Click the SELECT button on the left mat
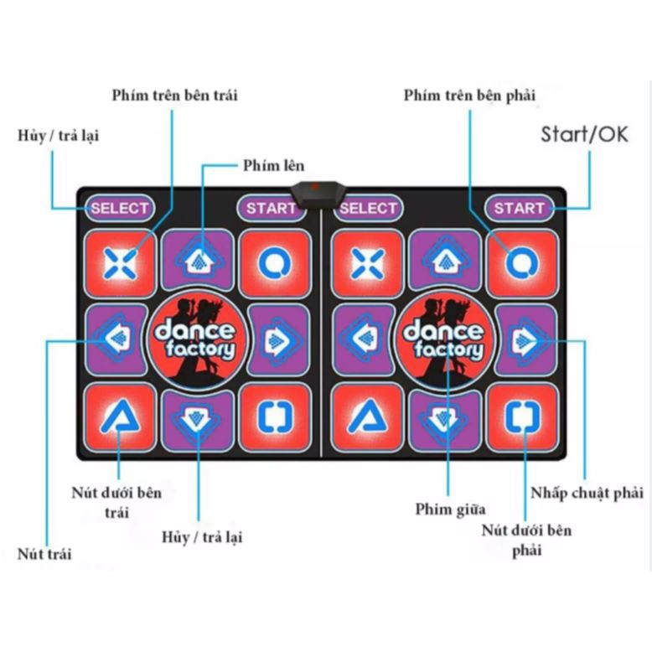tap(119, 208)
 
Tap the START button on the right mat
tap(519, 208)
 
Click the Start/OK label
tap(583, 134)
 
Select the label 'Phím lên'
tap(273, 165)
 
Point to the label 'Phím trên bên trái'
tap(174, 95)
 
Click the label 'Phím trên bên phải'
tap(468, 95)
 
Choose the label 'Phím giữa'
tap(450, 509)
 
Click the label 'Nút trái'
tap(44, 553)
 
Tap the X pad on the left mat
tap(120, 263)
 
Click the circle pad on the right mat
tap(523, 263)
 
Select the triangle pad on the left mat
tap(120, 417)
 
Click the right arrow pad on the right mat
tap(525, 339)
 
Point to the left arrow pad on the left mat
tap(116, 339)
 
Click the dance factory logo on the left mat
tap(195, 339)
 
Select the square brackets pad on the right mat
tap(523, 417)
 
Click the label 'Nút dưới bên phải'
tap(526, 540)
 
